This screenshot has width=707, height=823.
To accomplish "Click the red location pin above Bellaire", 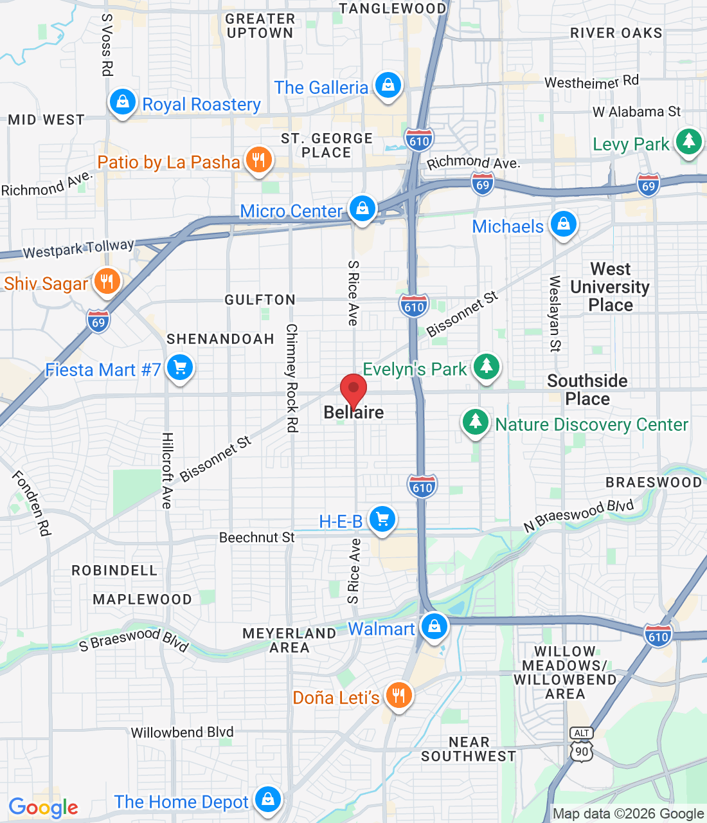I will pyautogui.click(x=353, y=390).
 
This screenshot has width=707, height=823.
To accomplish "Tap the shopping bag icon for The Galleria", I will pyautogui.click(x=388, y=85).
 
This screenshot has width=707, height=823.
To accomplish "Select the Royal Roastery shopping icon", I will pyautogui.click(x=122, y=102).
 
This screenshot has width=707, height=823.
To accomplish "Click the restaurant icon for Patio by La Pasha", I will pyautogui.click(x=259, y=159).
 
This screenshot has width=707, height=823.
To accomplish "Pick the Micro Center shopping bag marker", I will pyautogui.click(x=362, y=209).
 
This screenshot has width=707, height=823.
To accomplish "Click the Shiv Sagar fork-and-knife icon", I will pyautogui.click(x=107, y=282).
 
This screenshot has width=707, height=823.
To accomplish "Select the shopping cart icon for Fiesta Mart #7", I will pyautogui.click(x=180, y=368).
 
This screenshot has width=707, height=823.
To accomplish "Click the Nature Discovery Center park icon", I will pyautogui.click(x=476, y=422).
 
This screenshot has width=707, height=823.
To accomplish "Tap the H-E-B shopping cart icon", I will pyautogui.click(x=382, y=519).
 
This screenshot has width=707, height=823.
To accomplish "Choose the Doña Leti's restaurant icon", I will pyautogui.click(x=398, y=695).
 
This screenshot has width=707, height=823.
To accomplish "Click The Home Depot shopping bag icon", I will pyautogui.click(x=268, y=799).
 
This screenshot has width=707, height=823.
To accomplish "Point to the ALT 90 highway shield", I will pyautogui.click(x=581, y=745).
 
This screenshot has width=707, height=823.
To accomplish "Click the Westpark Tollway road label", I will pyautogui.click(x=78, y=248).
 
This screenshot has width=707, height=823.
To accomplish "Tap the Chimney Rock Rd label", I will pyautogui.click(x=292, y=377).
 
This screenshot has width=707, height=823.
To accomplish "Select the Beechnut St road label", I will pyautogui.click(x=256, y=538).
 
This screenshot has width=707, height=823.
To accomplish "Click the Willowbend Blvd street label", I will pyautogui.click(x=182, y=732).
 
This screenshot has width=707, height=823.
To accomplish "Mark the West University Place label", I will pyautogui.click(x=610, y=287).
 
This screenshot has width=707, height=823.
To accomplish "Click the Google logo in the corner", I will pyautogui.click(x=43, y=808).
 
